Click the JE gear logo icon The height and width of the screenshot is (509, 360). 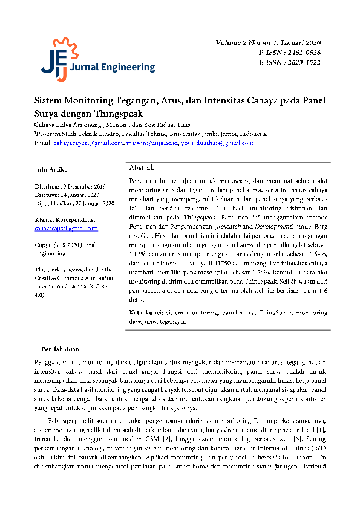(53, 59)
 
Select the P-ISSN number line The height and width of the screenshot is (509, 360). (290, 53)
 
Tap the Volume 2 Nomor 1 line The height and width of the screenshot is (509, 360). (268, 44)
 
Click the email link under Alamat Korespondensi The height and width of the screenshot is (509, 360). (66, 229)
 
